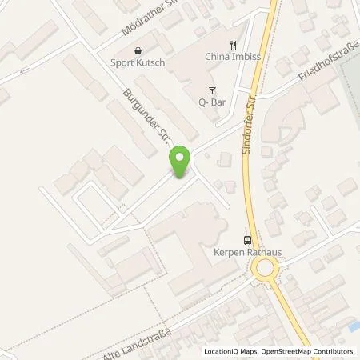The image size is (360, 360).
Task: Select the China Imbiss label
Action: click(x=234, y=58)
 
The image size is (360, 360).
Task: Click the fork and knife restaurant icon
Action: click(x=234, y=45)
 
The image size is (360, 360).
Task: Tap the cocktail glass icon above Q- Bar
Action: click(x=213, y=90)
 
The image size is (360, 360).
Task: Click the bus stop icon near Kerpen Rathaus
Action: click(x=248, y=239)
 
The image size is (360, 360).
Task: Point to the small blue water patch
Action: click(x=353, y=326)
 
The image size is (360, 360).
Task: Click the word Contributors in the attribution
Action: click(x=334, y=351)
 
